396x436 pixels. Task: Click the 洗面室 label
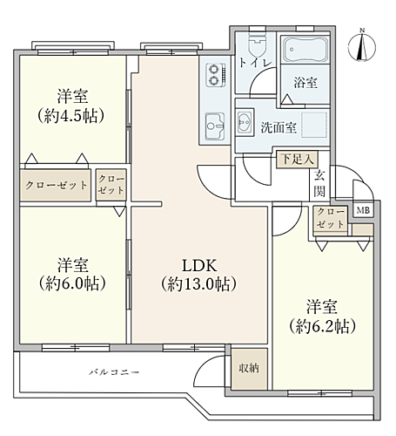coord(279,127)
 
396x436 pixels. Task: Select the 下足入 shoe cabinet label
coord(292,160)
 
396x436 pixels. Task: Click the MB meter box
coord(363,211)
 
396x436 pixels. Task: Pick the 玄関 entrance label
coord(320,184)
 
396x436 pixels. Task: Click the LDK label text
coord(198,265)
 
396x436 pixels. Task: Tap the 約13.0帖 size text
coord(198,284)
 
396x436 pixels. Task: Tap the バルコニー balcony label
coord(114,372)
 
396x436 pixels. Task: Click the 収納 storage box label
coord(248,367)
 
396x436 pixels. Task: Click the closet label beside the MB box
coord(331,218)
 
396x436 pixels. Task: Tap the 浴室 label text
coord(305,83)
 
